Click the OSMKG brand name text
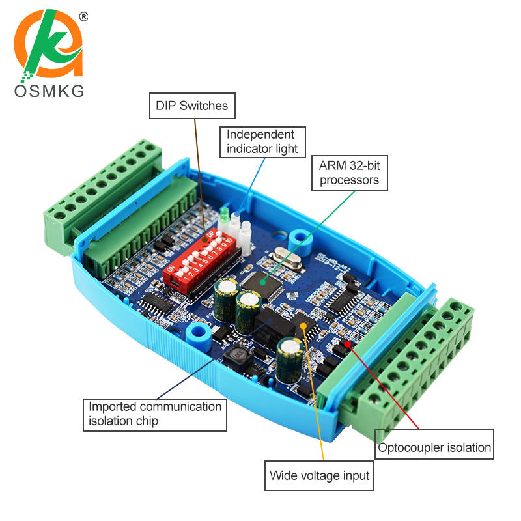(x=49, y=91)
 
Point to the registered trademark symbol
(x=83, y=16)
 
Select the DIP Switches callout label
(x=191, y=106)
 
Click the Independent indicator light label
(x=261, y=141)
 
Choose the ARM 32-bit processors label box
(x=349, y=173)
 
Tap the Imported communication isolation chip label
(x=155, y=414)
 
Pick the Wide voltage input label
(x=319, y=475)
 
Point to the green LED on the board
(x=223, y=214)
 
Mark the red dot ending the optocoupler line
(x=348, y=343)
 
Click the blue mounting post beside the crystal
(x=300, y=238)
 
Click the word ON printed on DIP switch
(x=171, y=269)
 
